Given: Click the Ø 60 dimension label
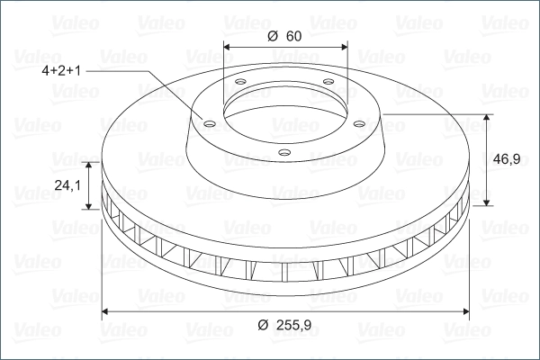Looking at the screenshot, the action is click(x=284, y=36).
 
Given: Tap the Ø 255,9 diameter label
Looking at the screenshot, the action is click(x=284, y=325).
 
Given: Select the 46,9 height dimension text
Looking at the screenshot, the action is click(x=507, y=159).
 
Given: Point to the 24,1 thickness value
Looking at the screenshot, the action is click(x=67, y=185).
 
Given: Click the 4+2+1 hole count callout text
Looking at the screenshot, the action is click(x=61, y=70).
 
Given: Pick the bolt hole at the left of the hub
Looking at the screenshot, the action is click(x=210, y=123).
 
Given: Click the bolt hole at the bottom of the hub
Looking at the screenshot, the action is click(x=284, y=152).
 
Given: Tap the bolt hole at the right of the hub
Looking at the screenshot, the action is click(x=359, y=123).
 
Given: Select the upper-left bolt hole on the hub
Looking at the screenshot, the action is click(x=240, y=82).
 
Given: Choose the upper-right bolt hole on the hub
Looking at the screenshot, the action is click(x=328, y=82).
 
